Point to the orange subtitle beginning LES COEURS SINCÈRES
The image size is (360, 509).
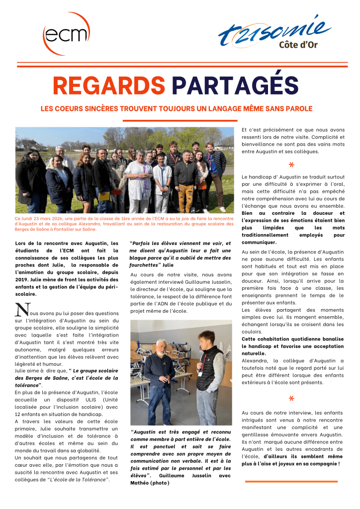coord(177,108)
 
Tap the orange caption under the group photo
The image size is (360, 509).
coord(124,224)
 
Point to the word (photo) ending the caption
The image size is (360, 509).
coord(159,483)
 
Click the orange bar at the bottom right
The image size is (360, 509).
coord(291,481)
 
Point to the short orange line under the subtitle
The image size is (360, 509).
coord(180,121)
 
